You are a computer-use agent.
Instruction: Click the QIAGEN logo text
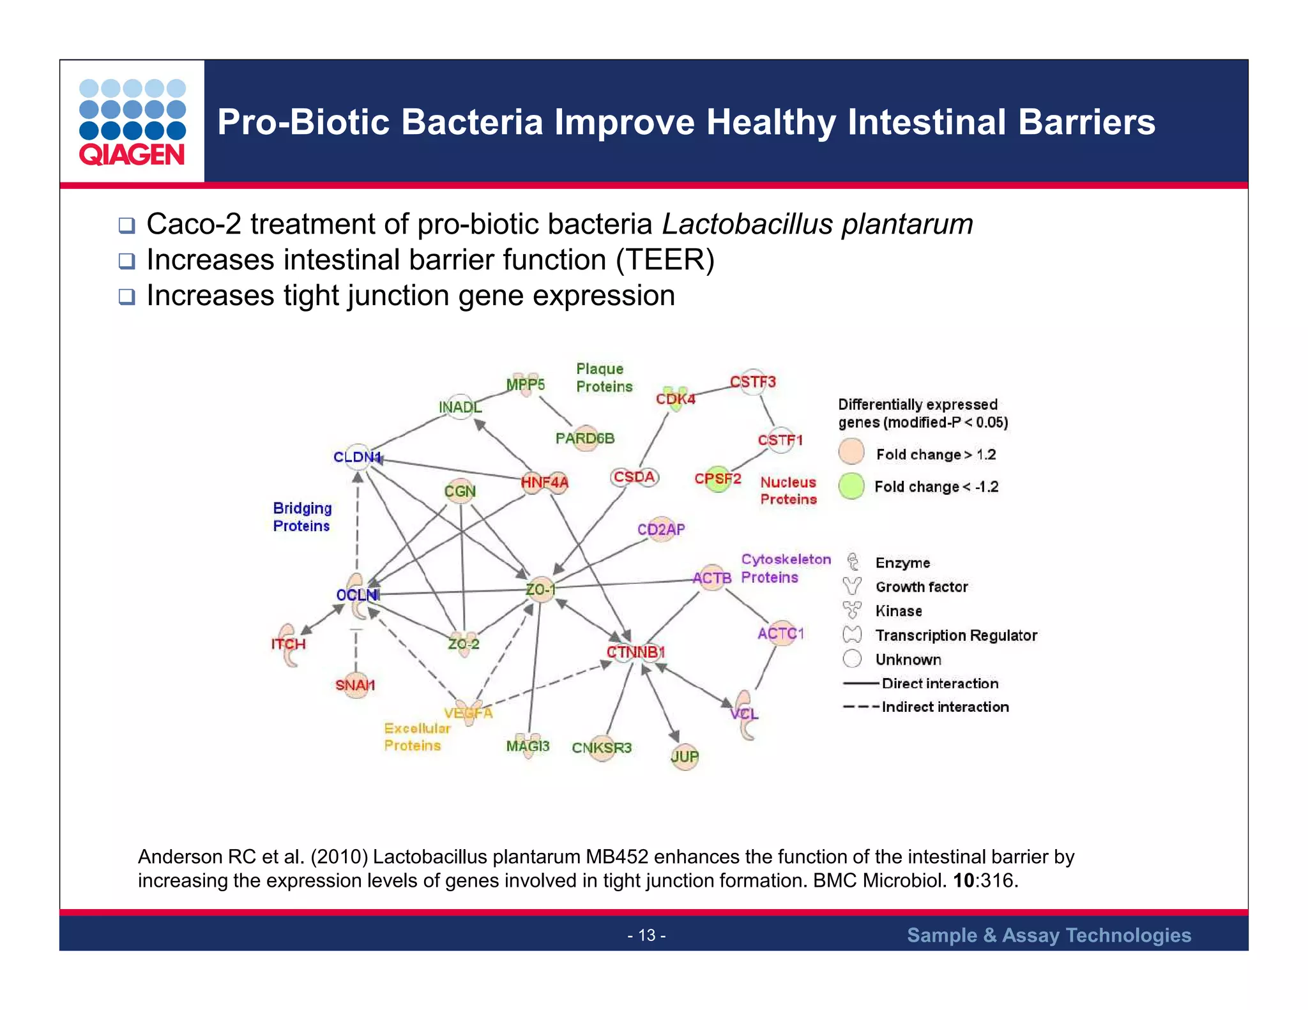tap(132, 155)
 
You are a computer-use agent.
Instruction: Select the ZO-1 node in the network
tap(540, 589)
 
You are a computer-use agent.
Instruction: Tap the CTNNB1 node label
tap(635, 652)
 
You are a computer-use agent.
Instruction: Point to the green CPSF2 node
tap(717, 479)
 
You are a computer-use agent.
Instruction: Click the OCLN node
tap(358, 595)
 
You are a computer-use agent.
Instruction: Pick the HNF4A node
tap(544, 482)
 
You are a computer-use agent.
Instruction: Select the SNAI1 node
tap(355, 685)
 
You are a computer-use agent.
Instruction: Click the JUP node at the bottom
tap(685, 757)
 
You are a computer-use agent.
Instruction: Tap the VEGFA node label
tap(468, 712)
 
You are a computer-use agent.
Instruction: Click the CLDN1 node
tap(358, 457)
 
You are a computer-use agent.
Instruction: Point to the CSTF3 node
tap(753, 382)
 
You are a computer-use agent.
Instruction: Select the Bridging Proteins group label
tap(302, 517)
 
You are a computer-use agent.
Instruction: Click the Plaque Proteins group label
tap(604, 377)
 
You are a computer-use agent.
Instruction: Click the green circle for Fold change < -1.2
tap(851, 486)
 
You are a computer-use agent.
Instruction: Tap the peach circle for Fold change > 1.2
tap(851, 451)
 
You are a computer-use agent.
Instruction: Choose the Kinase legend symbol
tap(852, 610)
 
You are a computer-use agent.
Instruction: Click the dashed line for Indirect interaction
tap(860, 707)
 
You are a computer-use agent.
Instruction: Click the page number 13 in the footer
tap(646, 935)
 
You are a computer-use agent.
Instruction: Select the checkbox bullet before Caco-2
tap(126, 225)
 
